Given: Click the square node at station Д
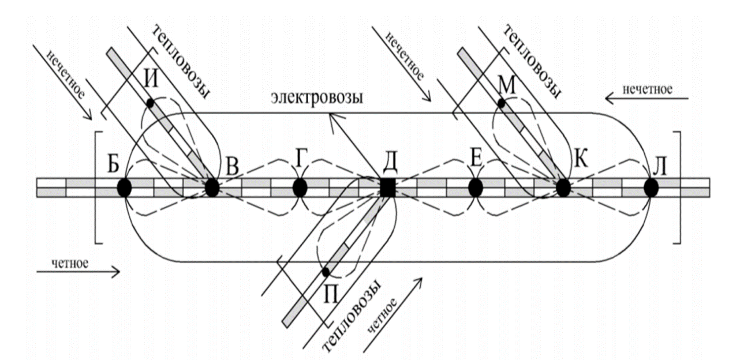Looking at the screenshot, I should (x=388, y=187).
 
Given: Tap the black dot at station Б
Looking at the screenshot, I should (x=124, y=187).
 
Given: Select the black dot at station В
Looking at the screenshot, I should (x=212, y=187).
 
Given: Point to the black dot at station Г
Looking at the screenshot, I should (x=300, y=187).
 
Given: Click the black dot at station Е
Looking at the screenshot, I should (x=476, y=187).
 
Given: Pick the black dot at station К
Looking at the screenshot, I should (x=563, y=187).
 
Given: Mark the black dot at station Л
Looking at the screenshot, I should (x=652, y=187).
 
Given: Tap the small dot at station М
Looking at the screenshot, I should (x=502, y=103).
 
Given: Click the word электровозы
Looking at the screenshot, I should (x=317, y=97).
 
